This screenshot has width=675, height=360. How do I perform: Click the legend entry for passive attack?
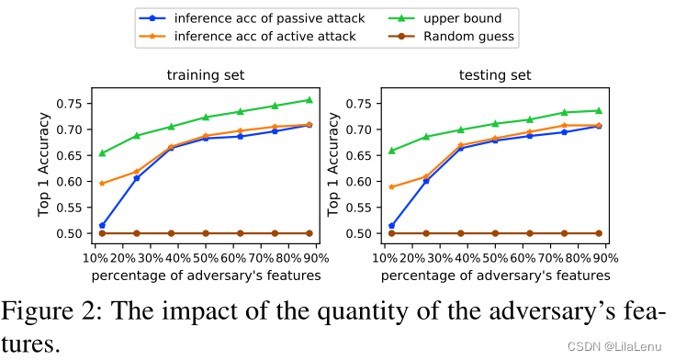click(252, 18)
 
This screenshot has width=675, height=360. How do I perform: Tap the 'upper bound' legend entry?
click(445, 18)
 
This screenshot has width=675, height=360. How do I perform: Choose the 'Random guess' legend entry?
click(451, 36)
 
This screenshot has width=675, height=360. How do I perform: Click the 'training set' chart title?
click(206, 75)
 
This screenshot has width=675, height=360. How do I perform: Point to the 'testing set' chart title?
click(495, 75)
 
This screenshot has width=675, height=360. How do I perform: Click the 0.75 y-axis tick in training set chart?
click(72, 104)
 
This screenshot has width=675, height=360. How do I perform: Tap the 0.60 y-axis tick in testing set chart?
click(361, 181)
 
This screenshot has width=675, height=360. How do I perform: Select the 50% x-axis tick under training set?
click(206, 258)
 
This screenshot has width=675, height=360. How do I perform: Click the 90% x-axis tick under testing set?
click(605, 258)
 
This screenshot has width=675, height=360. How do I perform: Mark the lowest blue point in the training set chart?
click(102, 225)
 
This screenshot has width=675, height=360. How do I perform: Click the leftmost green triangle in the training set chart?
click(102, 152)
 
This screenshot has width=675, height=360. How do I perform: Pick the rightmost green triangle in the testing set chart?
click(599, 111)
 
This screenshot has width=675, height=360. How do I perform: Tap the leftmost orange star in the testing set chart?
click(392, 187)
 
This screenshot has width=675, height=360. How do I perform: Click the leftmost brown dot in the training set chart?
click(102, 233)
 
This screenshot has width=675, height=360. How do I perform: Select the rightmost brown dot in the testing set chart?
click(599, 233)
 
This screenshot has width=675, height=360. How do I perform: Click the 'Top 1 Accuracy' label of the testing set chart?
click(333, 164)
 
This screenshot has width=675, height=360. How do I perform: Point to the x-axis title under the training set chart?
click(207, 276)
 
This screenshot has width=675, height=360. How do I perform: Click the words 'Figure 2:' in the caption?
click(51, 311)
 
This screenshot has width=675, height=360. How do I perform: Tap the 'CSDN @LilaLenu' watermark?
click(614, 346)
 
